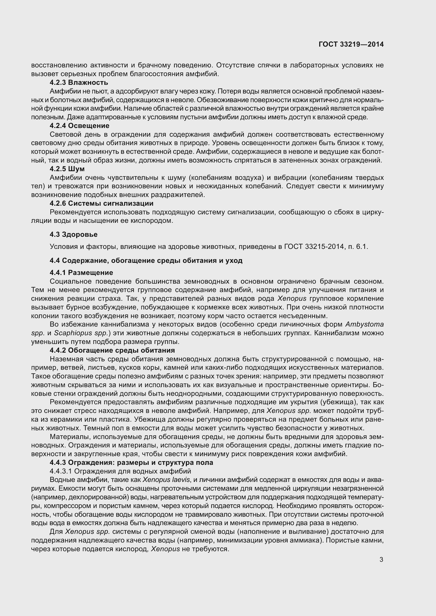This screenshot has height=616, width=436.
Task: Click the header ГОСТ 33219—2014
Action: click(x=351, y=44)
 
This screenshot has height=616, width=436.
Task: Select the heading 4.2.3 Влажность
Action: click(x=79, y=82)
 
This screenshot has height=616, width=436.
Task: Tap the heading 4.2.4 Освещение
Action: click(x=79, y=126)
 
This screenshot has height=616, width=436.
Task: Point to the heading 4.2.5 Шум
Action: click(x=67, y=169)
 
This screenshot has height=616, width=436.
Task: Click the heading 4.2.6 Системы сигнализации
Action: click(x=101, y=203)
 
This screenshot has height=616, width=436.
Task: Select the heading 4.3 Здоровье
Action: click(x=73, y=234)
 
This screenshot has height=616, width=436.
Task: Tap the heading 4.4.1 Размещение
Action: click(x=81, y=273)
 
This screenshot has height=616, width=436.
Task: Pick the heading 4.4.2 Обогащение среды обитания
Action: click(x=112, y=350)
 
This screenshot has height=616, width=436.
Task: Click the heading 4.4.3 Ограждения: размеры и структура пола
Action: click(x=131, y=462)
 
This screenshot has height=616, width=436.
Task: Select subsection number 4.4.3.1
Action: click(x=61, y=471)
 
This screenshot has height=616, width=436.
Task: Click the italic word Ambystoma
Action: click(x=364, y=324)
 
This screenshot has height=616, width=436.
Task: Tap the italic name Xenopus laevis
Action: click(x=166, y=480)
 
